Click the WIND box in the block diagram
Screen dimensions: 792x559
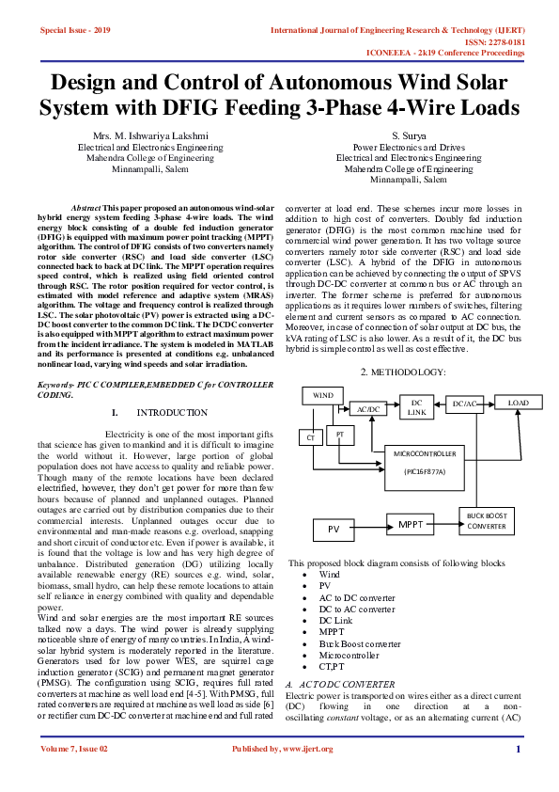[x=323, y=396]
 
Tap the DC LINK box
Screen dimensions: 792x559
[x=416, y=407]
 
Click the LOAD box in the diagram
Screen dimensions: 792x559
[x=519, y=403]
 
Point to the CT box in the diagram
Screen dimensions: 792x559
[x=310, y=437]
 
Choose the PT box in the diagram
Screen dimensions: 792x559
[x=339, y=435]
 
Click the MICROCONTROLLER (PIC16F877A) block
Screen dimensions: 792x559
[x=417, y=462]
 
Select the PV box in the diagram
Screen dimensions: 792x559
[x=333, y=530]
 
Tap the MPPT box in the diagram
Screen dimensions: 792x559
[x=411, y=525]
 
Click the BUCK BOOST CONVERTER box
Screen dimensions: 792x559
[x=487, y=520]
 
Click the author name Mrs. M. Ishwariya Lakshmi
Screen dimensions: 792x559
[x=149, y=137]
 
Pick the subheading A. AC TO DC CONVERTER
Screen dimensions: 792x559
[x=342, y=657]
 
